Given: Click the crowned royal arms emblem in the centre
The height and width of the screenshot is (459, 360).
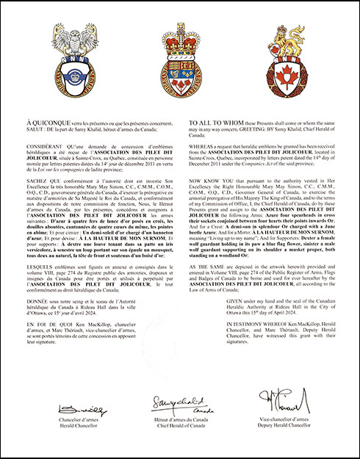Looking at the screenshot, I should coord(179,62).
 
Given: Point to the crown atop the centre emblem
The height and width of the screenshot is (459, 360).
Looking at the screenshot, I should coord(179,33).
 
